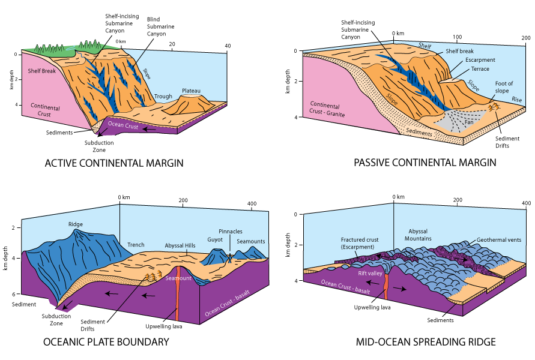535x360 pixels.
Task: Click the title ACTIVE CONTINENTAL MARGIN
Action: (113, 163)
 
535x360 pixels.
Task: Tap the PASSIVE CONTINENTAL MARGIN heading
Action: (425, 163)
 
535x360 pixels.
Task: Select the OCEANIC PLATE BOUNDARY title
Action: (106, 342)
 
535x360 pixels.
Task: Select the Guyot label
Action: (216, 239)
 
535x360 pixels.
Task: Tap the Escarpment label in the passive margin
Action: (480, 60)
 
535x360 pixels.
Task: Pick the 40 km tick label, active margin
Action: (228, 46)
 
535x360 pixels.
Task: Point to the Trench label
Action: (136, 245)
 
